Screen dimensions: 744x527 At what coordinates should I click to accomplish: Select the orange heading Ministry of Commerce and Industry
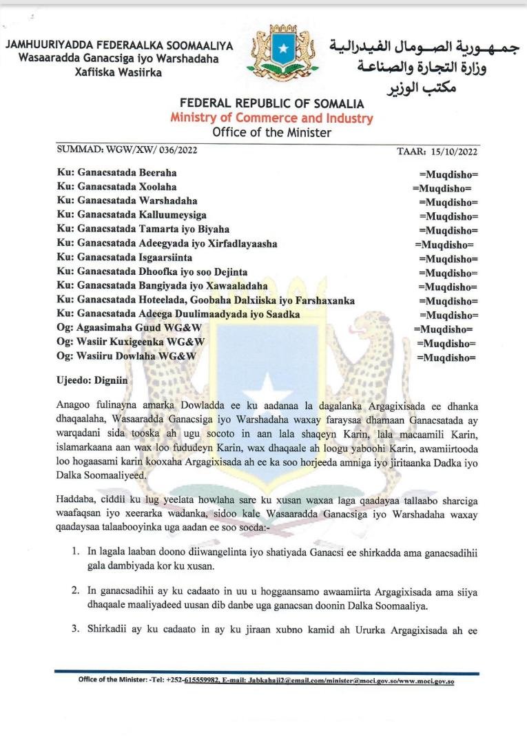271,118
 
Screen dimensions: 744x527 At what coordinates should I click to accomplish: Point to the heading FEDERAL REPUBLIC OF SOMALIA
271,104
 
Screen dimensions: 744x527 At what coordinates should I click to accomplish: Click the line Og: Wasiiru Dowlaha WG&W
127,355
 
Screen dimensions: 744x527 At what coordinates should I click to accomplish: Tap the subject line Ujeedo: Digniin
92,380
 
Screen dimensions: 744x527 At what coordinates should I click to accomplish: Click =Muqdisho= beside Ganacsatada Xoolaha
442,187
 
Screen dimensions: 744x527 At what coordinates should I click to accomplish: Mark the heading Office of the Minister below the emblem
271,132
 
